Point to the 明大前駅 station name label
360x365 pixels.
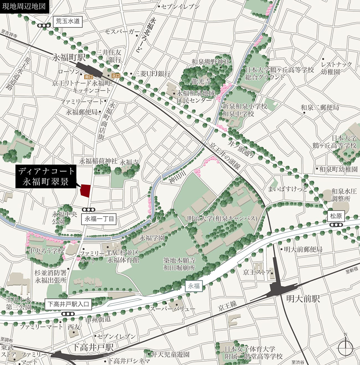tap(303, 299)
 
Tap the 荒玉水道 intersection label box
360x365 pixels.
tap(68, 22)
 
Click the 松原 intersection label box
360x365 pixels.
tap(336, 216)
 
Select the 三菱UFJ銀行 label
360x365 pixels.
tap(153, 74)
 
